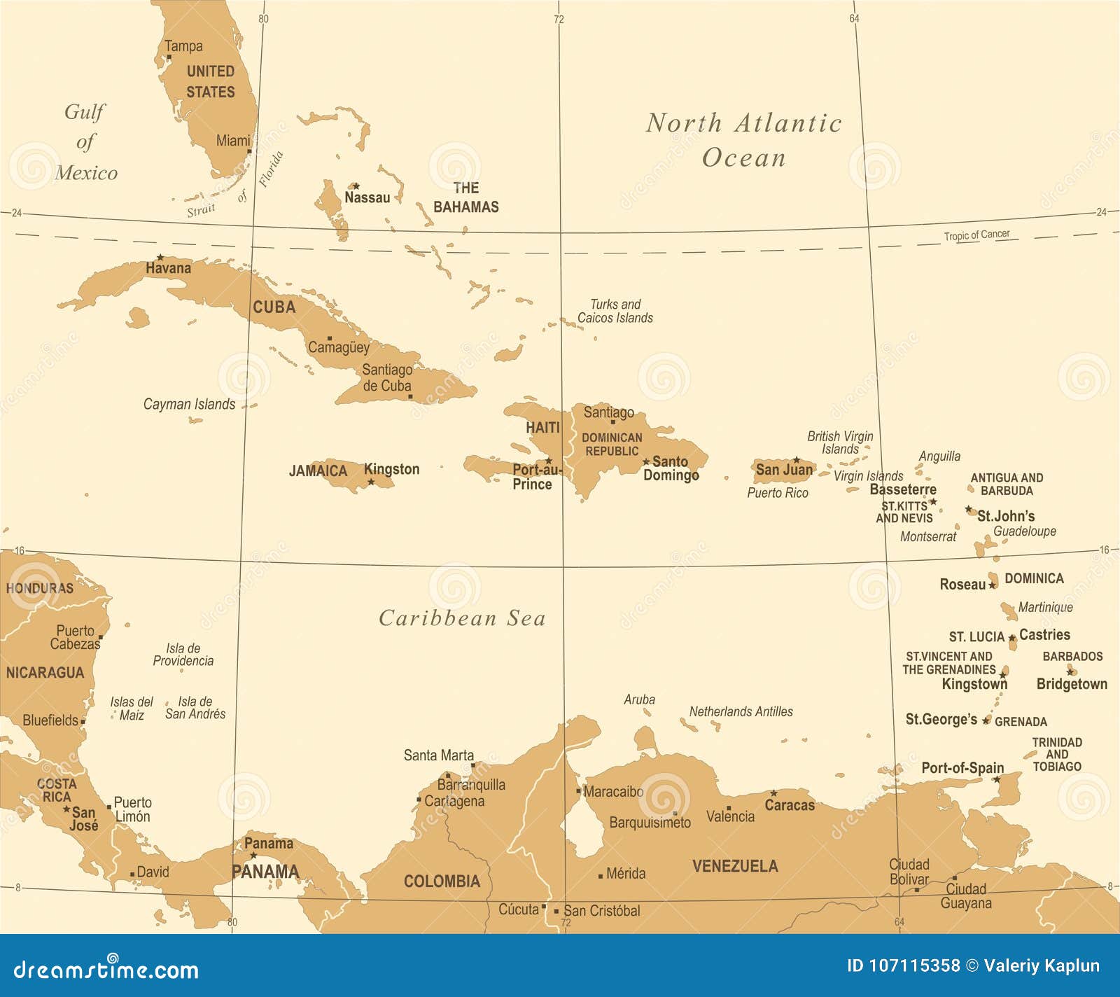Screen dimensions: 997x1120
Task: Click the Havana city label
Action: click(x=168, y=268)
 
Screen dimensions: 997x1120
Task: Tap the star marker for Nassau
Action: click(x=356, y=186)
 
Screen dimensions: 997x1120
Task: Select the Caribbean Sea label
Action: click(x=462, y=618)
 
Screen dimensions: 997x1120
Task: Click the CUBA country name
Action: click(x=274, y=307)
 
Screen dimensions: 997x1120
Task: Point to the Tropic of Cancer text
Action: click(x=976, y=235)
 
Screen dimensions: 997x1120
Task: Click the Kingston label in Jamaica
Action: click(x=391, y=469)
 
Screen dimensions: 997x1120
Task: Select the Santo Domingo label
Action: click(x=671, y=468)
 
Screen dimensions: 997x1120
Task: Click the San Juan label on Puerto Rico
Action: click(x=784, y=470)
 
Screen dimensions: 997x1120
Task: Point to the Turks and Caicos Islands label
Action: click(x=615, y=311)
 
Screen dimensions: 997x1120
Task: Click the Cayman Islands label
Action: click(x=189, y=404)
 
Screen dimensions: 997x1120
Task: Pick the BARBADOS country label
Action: click(x=1072, y=657)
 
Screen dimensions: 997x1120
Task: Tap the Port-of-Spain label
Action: click(x=962, y=768)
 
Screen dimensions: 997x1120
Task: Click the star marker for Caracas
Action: click(x=773, y=793)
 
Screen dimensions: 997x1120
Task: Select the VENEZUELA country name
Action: click(x=735, y=866)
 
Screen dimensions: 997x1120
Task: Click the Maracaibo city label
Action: click(x=613, y=792)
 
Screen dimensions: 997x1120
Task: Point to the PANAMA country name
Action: click(x=265, y=872)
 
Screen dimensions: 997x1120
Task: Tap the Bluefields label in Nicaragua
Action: click(x=50, y=720)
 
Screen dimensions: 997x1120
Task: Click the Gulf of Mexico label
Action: click(x=85, y=142)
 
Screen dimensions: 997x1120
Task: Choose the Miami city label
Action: click(x=232, y=141)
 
